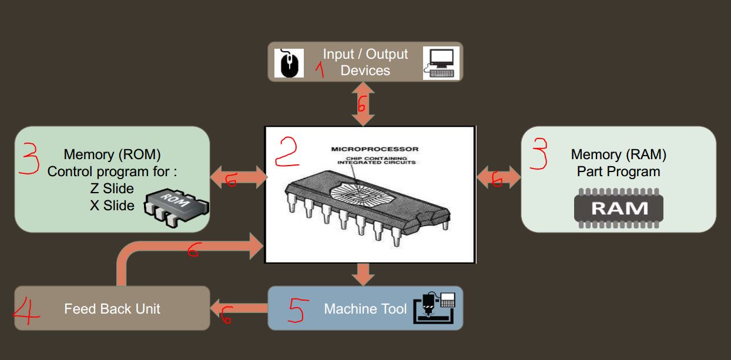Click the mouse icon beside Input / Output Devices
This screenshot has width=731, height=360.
pyautogui.click(x=289, y=63)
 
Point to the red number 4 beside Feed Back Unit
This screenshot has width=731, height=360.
pyautogui.click(x=27, y=309)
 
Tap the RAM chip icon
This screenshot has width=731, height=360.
pyautogui.click(x=618, y=207)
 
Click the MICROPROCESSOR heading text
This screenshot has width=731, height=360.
pyautogui.click(x=375, y=149)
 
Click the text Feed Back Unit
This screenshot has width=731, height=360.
pyautogui.click(x=112, y=309)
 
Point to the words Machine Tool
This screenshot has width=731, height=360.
pyautogui.click(x=365, y=309)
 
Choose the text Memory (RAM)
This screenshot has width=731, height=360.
pyautogui.click(x=618, y=154)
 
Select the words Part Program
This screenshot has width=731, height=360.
pyautogui.click(x=618, y=171)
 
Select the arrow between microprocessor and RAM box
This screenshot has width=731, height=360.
pyautogui.click(x=498, y=177)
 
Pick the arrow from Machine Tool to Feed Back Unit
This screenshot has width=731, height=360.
pyautogui.click(x=238, y=307)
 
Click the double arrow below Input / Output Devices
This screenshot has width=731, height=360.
pyautogui.click(x=364, y=104)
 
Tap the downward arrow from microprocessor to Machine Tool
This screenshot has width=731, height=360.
pyautogui.click(x=364, y=274)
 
